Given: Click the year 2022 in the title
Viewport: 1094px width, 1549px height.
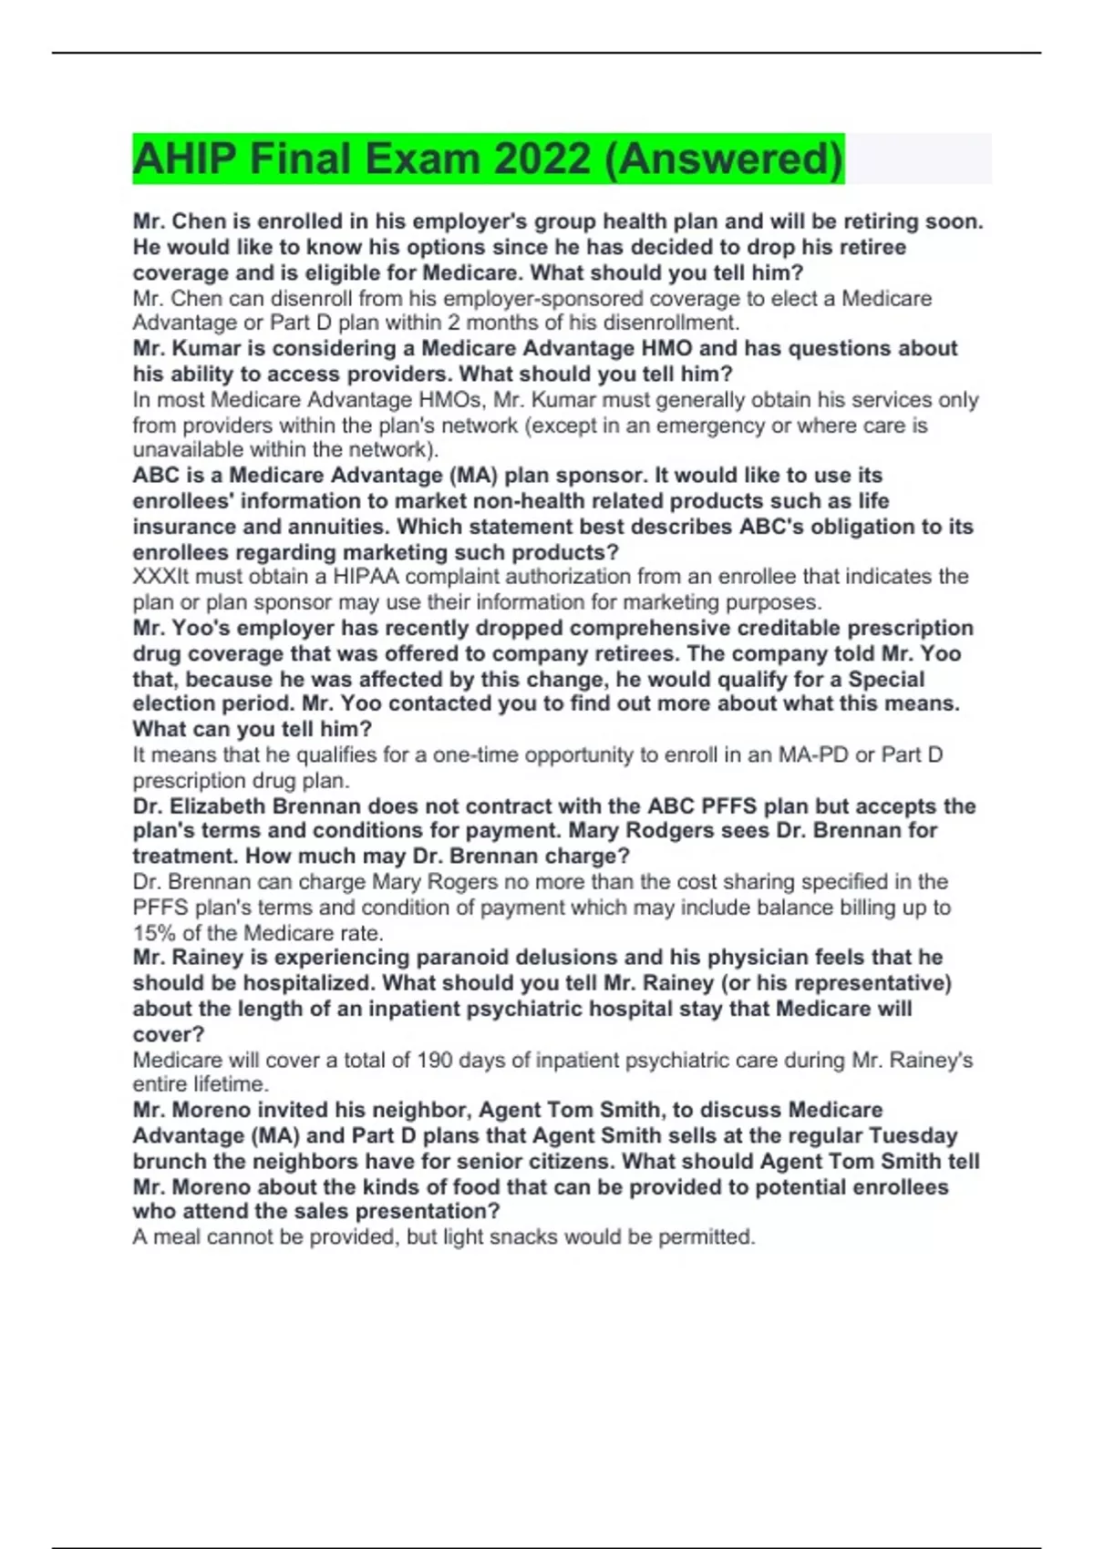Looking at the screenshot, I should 542,159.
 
